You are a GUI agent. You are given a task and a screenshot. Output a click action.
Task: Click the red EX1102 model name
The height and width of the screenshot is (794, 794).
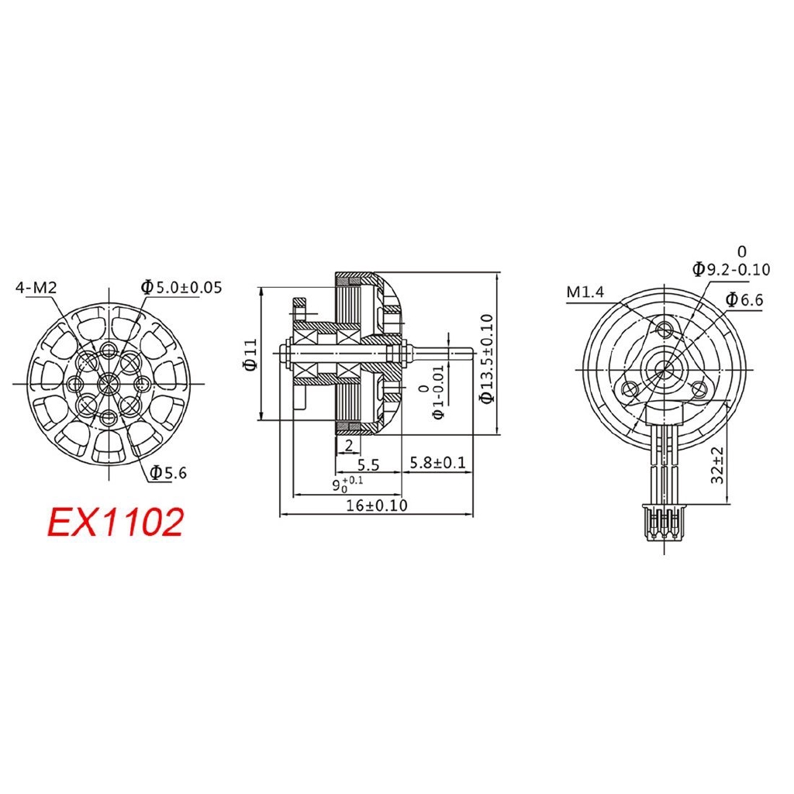[116, 522]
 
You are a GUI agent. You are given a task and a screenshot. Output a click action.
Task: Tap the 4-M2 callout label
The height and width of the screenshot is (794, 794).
[36, 288]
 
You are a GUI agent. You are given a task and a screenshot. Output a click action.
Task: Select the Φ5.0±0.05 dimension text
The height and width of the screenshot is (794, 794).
[181, 288]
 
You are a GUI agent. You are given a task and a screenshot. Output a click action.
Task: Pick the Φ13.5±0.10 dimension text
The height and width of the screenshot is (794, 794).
[486, 358]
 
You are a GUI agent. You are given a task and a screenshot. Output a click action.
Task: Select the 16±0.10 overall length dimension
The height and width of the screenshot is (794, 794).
[376, 506]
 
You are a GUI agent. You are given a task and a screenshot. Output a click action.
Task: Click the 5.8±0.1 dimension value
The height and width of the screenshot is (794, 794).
[437, 463]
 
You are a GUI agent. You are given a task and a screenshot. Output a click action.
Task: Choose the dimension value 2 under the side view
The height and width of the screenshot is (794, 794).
[348, 444]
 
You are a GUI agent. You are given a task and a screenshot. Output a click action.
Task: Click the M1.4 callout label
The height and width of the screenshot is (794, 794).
[585, 292]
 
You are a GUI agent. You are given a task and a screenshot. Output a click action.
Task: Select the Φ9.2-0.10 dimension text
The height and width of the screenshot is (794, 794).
[731, 269]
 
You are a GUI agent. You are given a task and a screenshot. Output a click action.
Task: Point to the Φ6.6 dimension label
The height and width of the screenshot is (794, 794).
[744, 300]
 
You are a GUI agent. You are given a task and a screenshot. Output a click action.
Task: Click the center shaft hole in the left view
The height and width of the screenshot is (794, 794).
[107, 381]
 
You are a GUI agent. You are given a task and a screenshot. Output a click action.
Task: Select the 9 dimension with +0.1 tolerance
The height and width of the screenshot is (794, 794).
[341, 485]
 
